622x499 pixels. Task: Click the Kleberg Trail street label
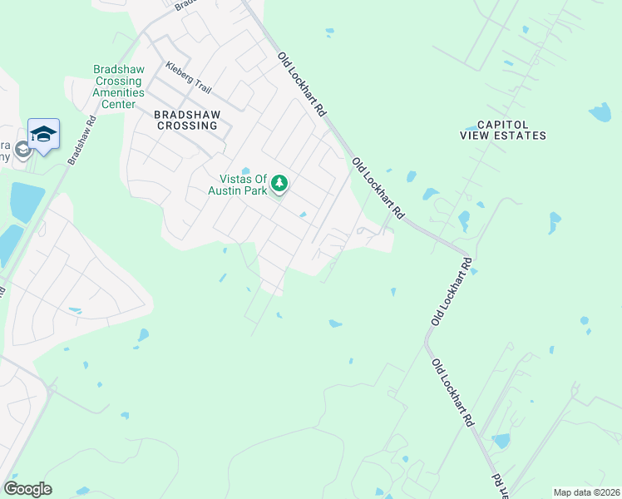pyautogui.click(x=189, y=79)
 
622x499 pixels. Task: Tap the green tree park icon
pyautogui.click(x=280, y=183)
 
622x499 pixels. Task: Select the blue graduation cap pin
pyautogui.click(x=43, y=133)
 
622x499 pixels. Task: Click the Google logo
pyautogui.click(x=28, y=489)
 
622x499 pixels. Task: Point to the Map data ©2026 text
pyautogui.click(x=586, y=492)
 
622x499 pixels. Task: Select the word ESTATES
pyautogui.click(x=521, y=135)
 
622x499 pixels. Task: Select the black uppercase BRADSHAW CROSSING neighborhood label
pyautogui.click(x=185, y=118)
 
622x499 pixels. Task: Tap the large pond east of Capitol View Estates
pyautogui.click(x=600, y=112)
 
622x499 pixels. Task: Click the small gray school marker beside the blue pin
pyautogui.click(x=22, y=150)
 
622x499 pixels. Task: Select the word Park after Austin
pyautogui.click(x=256, y=190)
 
